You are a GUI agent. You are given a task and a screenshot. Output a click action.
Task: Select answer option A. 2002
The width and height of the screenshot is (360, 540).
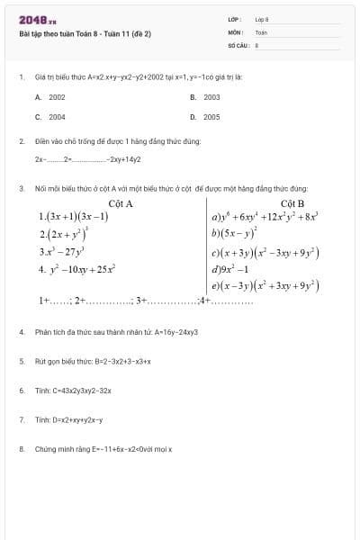[x=50, y=96]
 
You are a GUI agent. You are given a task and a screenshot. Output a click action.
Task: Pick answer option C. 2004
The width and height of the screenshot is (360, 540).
[x=50, y=117]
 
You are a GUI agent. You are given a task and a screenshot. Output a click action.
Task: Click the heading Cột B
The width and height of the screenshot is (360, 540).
[x=293, y=203]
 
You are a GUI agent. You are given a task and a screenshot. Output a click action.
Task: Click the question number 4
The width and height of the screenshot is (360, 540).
[x=21, y=332]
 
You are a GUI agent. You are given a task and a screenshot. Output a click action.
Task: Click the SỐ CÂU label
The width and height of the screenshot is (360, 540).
[x=237, y=43]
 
